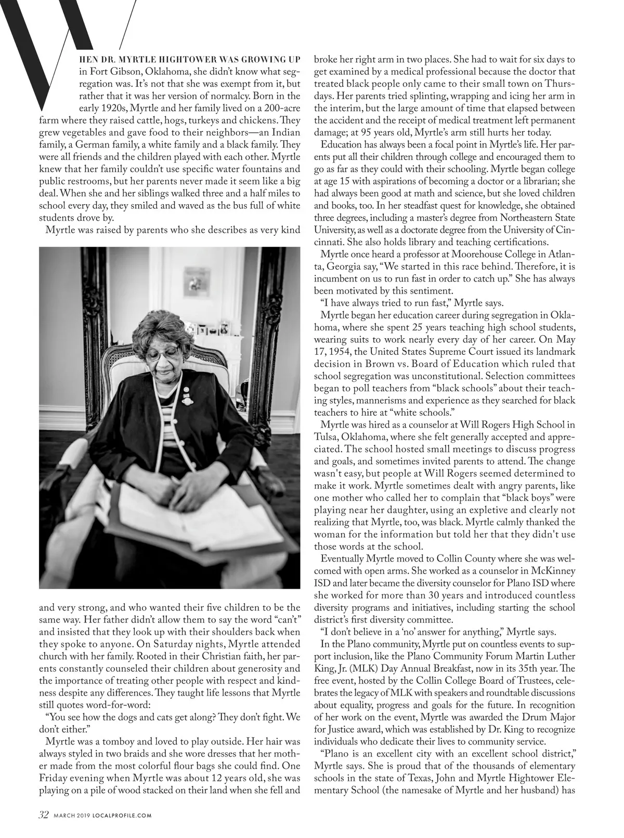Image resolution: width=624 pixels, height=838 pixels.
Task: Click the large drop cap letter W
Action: click(x=52, y=52)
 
